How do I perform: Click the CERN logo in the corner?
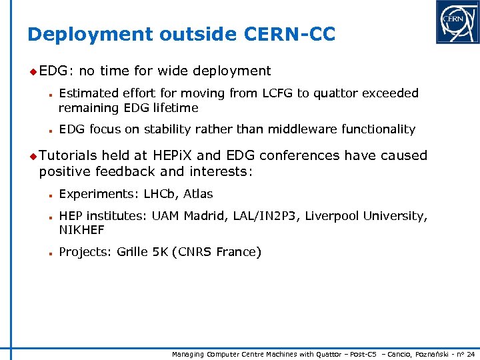(457, 22)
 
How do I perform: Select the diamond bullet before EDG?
(33, 71)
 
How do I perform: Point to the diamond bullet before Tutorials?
(33, 155)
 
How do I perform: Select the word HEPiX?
(173, 155)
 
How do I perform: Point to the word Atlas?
(198, 194)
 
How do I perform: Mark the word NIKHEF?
(81, 230)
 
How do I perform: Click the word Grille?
(133, 252)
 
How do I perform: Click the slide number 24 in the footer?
(471, 354)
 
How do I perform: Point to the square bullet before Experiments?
(50, 195)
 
